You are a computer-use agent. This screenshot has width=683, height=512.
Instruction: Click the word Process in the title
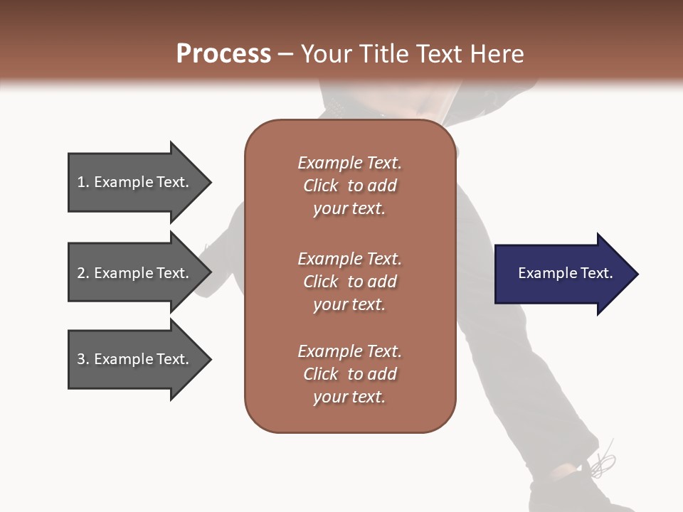223,54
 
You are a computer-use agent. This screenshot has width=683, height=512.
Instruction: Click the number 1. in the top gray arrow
83,182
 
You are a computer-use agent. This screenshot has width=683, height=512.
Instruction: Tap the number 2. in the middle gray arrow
83,273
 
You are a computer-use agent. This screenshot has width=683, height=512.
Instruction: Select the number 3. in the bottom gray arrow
83,359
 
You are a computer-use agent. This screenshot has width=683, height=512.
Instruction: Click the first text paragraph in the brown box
349,186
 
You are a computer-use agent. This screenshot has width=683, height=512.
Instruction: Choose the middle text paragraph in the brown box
349,281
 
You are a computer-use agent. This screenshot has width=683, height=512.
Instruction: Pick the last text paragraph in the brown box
349,374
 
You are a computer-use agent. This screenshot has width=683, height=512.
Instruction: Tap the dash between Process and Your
285,55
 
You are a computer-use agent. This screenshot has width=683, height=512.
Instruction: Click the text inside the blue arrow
565,273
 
